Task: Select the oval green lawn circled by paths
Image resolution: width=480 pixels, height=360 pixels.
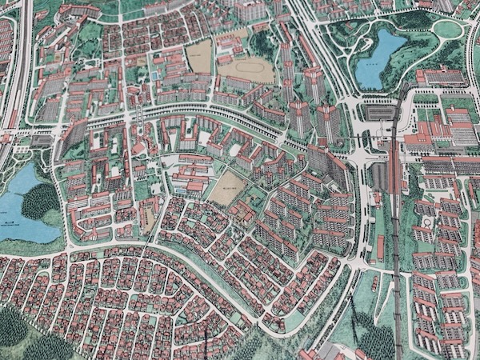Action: point(447,29)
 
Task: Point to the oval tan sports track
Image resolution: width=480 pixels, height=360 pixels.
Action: point(246,70)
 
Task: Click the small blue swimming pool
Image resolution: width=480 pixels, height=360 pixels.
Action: point(154,76)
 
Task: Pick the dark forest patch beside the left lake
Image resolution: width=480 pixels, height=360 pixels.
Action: point(40,200)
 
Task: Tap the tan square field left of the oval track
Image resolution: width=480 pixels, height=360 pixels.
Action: point(199,57)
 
